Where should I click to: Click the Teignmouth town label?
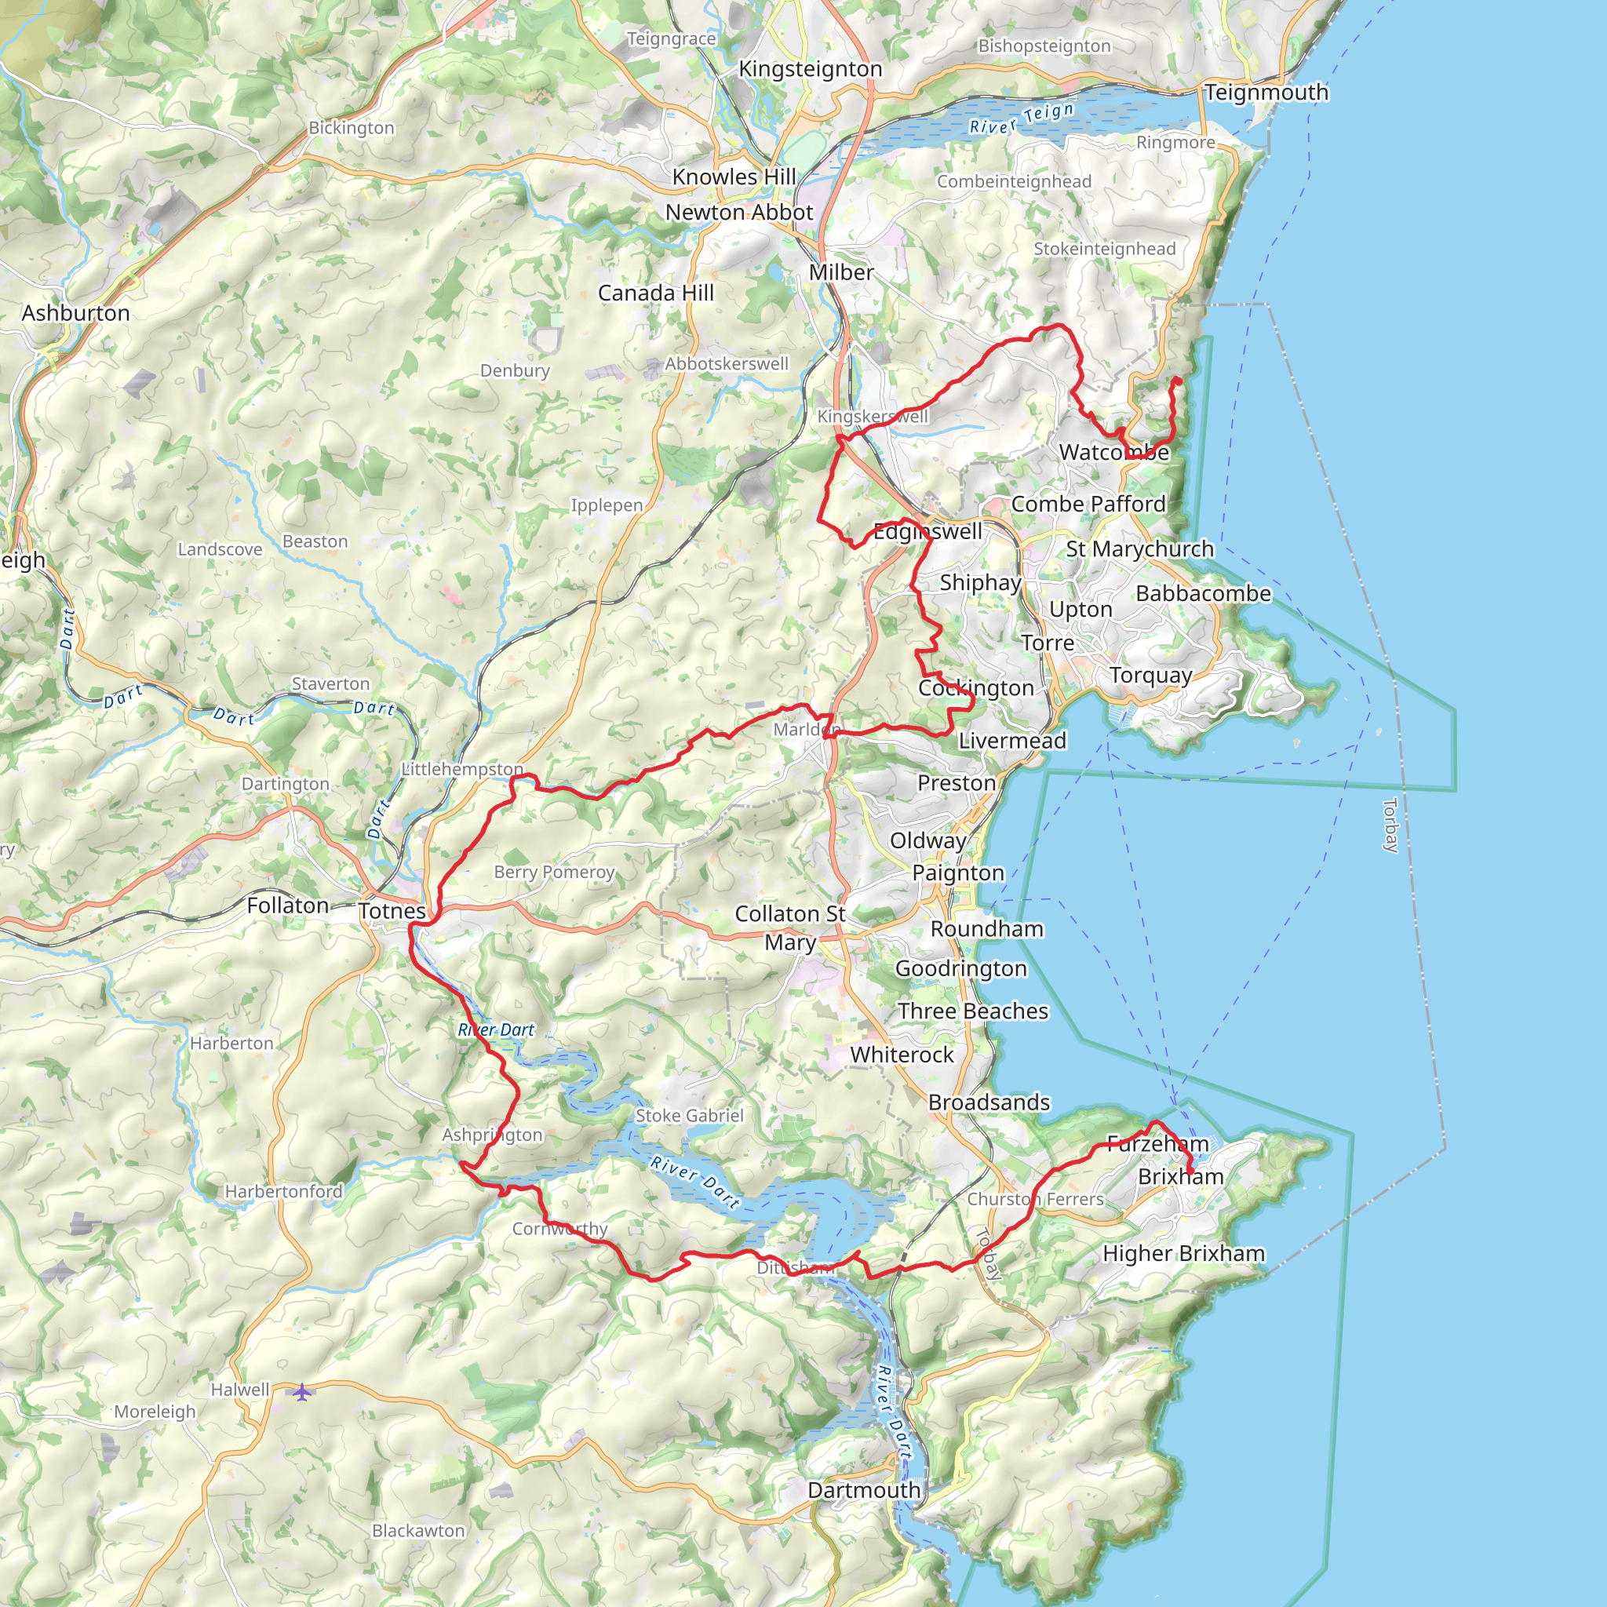click(1266, 93)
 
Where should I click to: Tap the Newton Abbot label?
click(738, 212)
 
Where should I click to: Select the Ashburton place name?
click(75, 313)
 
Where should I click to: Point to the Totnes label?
click(392, 911)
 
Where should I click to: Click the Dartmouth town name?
click(864, 1490)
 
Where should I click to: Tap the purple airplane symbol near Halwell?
click(301, 1390)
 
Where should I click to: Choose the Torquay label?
click(1151, 675)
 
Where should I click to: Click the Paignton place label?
click(958, 873)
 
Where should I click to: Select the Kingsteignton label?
click(810, 69)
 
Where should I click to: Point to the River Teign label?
click(1022, 119)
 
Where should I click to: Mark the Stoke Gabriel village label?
click(690, 1116)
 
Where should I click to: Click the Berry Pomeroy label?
click(554, 872)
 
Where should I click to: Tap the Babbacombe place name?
click(1204, 594)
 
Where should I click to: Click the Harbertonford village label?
click(283, 1191)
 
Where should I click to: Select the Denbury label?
click(515, 370)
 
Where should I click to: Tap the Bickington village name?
click(351, 128)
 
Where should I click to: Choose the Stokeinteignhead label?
click(1105, 249)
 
